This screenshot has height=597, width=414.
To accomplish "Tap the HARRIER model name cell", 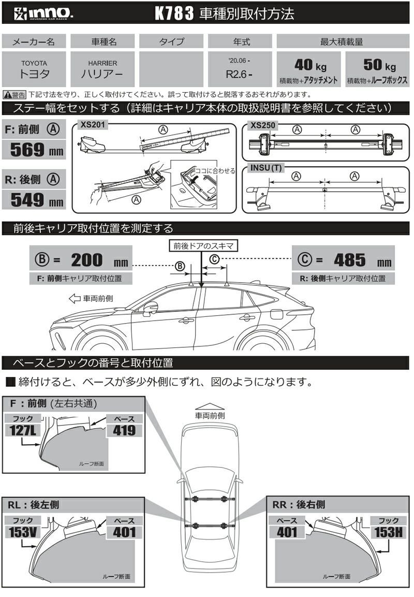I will [x=102, y=69].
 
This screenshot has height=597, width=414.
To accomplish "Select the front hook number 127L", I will [x=22, y=429].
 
